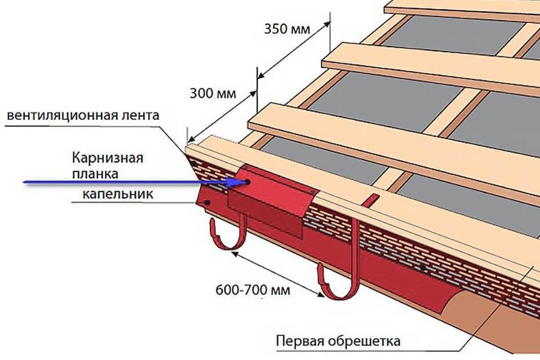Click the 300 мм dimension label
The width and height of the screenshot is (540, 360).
tap(212, 93)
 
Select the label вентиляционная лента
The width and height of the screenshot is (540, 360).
tap(82, 115)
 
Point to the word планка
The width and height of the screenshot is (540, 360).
tap(97, 172)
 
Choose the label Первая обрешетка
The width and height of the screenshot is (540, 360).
tap(338, 341)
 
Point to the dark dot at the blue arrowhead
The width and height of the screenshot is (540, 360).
tap(247, 182)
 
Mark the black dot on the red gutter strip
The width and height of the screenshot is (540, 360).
tap(423, 268)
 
